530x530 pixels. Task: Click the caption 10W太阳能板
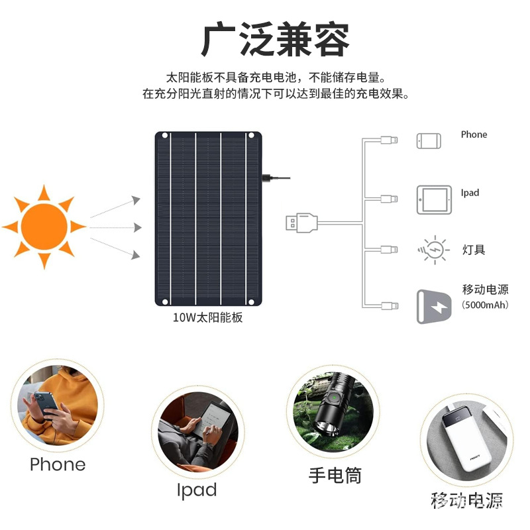tap(208, 317)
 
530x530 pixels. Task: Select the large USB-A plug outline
tap(302, 222)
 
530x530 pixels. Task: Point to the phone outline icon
tap(429, 140)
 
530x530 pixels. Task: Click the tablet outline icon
tap(433, 199)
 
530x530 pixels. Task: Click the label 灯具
tap(474, 250)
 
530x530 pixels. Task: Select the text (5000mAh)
tap(486, 305)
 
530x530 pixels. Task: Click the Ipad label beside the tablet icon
tap(470, 193)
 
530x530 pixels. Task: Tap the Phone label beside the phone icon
tap(474, 134)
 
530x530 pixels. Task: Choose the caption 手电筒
tap(335, 475)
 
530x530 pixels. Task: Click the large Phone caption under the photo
tap(58, 464)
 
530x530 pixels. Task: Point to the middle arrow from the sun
tap(116, 227)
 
